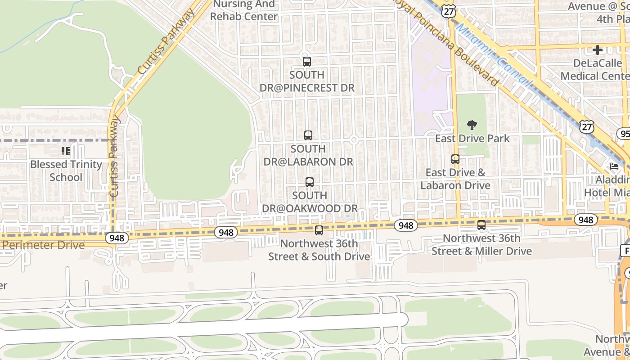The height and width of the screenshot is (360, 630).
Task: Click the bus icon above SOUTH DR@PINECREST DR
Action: tap(307, 62)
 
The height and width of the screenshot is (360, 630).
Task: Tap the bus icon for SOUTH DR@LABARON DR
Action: tap(308, 135)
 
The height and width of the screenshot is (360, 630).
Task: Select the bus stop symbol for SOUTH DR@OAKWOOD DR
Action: tap(310, 182)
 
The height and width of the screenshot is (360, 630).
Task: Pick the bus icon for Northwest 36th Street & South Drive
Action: tap(319, 230)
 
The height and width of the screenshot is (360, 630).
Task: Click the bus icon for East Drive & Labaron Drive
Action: tap(455, 159)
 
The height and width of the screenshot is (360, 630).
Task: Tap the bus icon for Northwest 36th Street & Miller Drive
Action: tap(481, 225)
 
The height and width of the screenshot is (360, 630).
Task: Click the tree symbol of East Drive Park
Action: tap(472, 125)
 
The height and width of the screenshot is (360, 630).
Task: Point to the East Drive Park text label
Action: tap(472, 138)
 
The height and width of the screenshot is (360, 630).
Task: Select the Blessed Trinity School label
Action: tap(66, 171)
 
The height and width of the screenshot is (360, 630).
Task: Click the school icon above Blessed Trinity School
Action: tap(66, 151)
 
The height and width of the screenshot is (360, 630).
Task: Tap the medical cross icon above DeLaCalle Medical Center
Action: tap(598, 50)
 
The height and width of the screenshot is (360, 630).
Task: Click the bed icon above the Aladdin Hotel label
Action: tap(614, 166)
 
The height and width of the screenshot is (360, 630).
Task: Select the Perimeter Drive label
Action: tap(43, 245)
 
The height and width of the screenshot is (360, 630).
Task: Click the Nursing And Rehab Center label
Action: tap(244, 10)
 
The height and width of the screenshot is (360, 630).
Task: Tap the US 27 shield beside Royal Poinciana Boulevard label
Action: tap(449, 11)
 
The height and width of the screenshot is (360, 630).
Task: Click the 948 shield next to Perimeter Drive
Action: tap(117, 238)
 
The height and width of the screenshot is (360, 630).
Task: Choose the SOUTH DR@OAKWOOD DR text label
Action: tap(310, 202)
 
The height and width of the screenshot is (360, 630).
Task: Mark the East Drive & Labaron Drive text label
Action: tap(455, 179)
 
